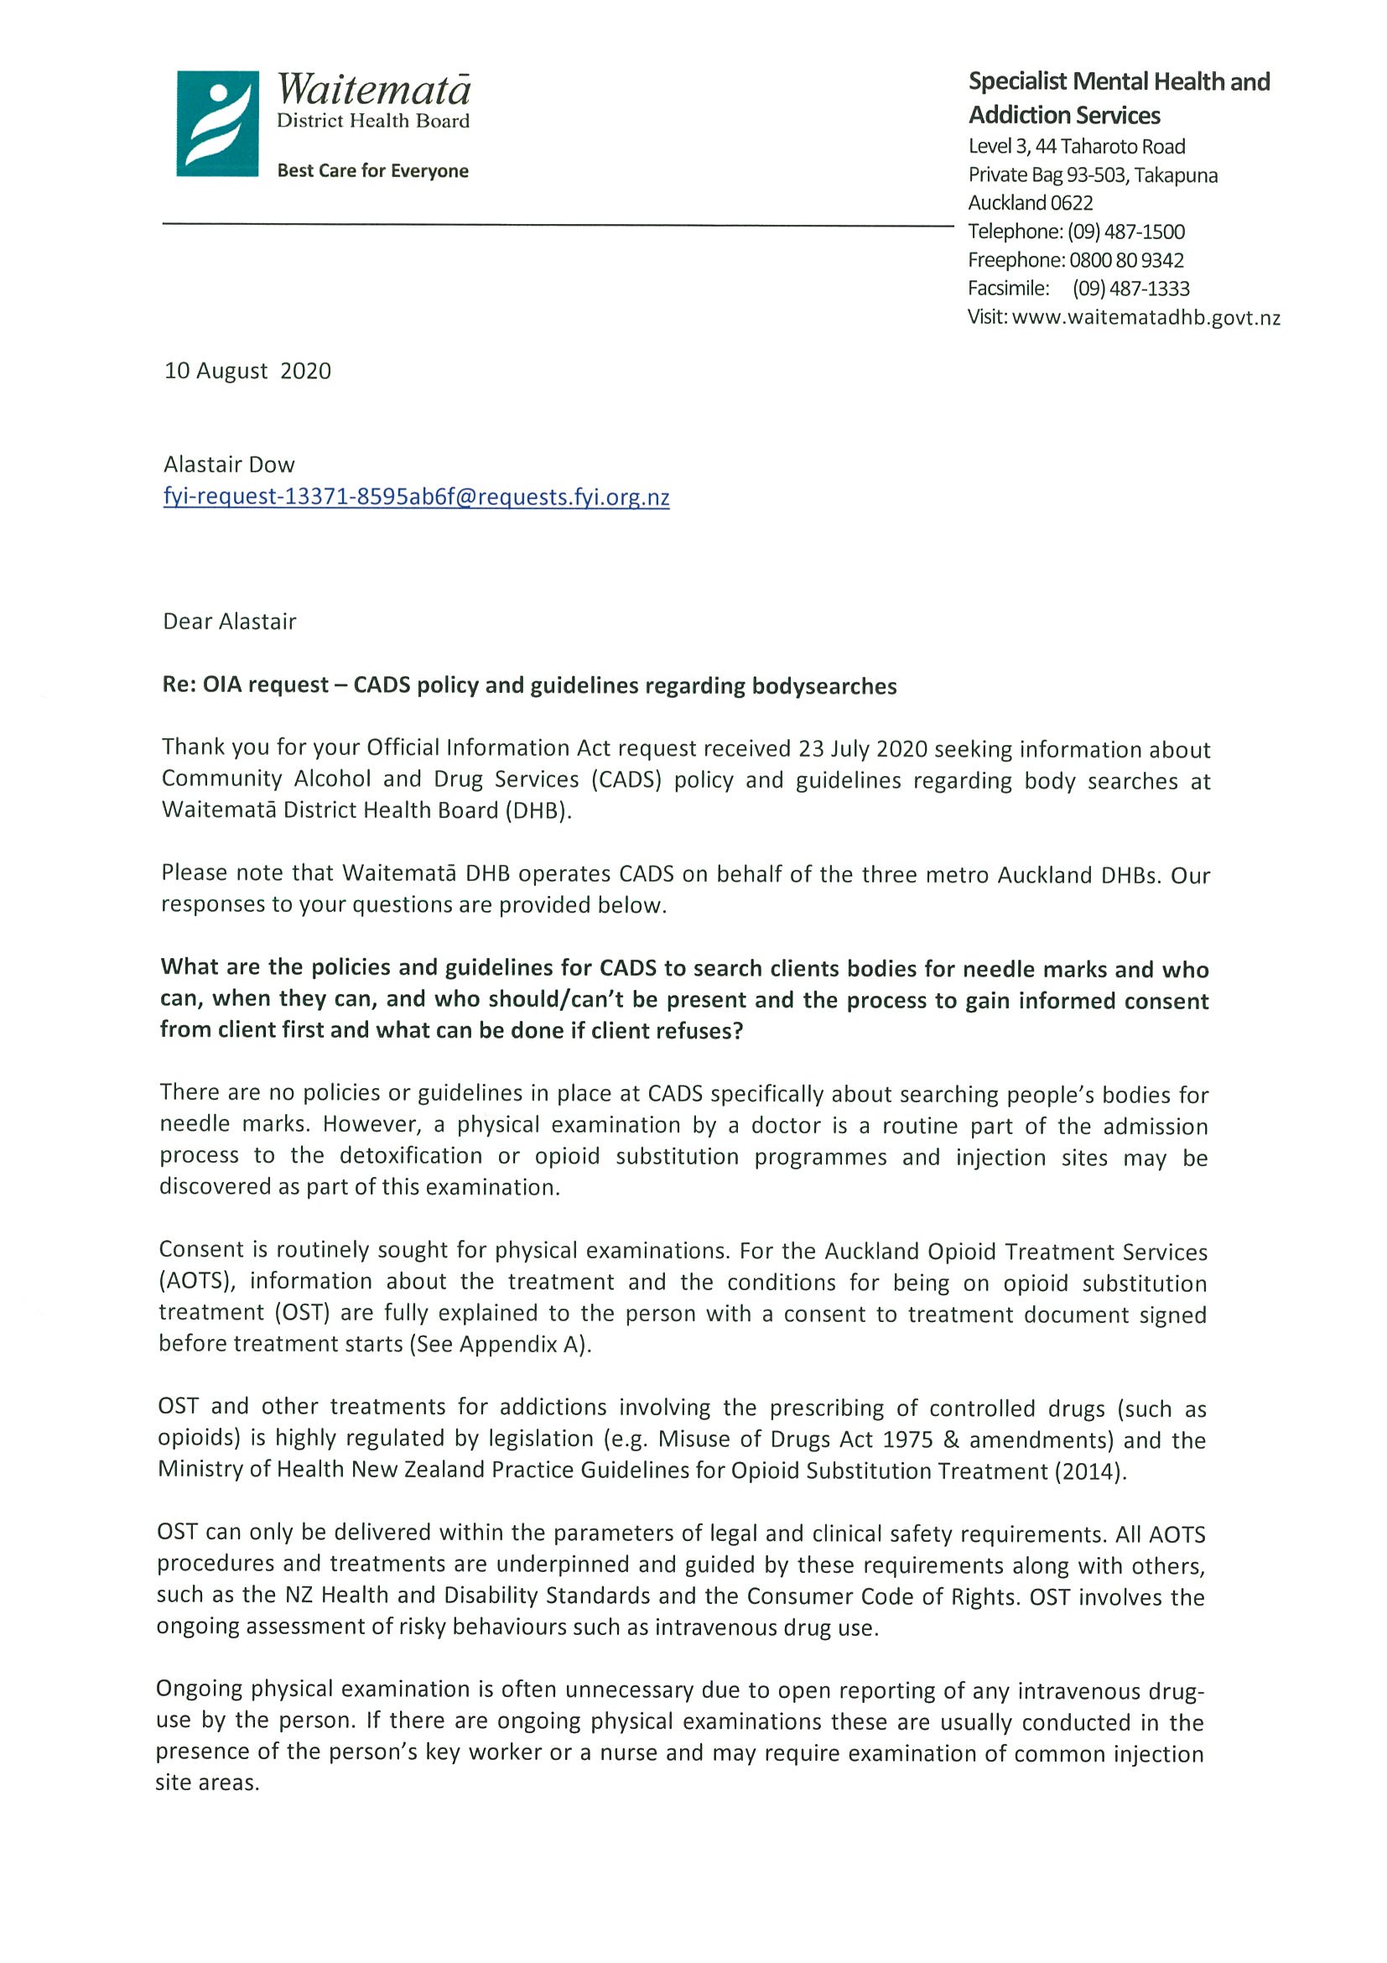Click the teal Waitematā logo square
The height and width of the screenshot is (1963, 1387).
[217, 124]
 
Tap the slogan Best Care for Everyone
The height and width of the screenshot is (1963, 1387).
[372, 171]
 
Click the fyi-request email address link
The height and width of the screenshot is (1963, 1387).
[416, 497]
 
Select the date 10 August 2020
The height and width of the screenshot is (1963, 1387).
[248, 371]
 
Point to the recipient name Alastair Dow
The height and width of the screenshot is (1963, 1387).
[229, 464]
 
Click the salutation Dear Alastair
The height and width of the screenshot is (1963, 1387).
[230, 622]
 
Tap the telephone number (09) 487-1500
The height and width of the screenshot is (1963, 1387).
[1125, 232]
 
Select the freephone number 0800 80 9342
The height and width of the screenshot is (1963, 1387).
[1126, 260]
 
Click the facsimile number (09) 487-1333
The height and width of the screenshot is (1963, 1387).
[1130, 289]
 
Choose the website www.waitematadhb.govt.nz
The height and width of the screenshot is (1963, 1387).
[1146, 318]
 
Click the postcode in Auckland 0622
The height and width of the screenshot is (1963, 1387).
[1072, 204]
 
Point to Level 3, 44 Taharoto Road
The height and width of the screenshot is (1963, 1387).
[1076, 146]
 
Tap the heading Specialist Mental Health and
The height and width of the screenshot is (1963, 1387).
[1119, 82]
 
